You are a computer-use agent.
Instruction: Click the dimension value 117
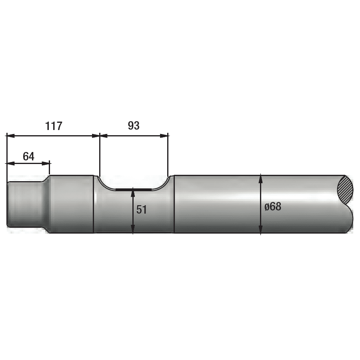54,126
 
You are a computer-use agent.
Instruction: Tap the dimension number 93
134,126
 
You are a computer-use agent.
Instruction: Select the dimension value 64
29,156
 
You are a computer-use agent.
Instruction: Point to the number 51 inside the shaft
142,210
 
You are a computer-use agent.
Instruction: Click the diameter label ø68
273,207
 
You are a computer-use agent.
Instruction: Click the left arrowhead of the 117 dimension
10,136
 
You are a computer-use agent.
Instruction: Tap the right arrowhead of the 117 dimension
96,136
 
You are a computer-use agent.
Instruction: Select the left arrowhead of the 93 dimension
104,136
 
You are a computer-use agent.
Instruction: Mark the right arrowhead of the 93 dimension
164,136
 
